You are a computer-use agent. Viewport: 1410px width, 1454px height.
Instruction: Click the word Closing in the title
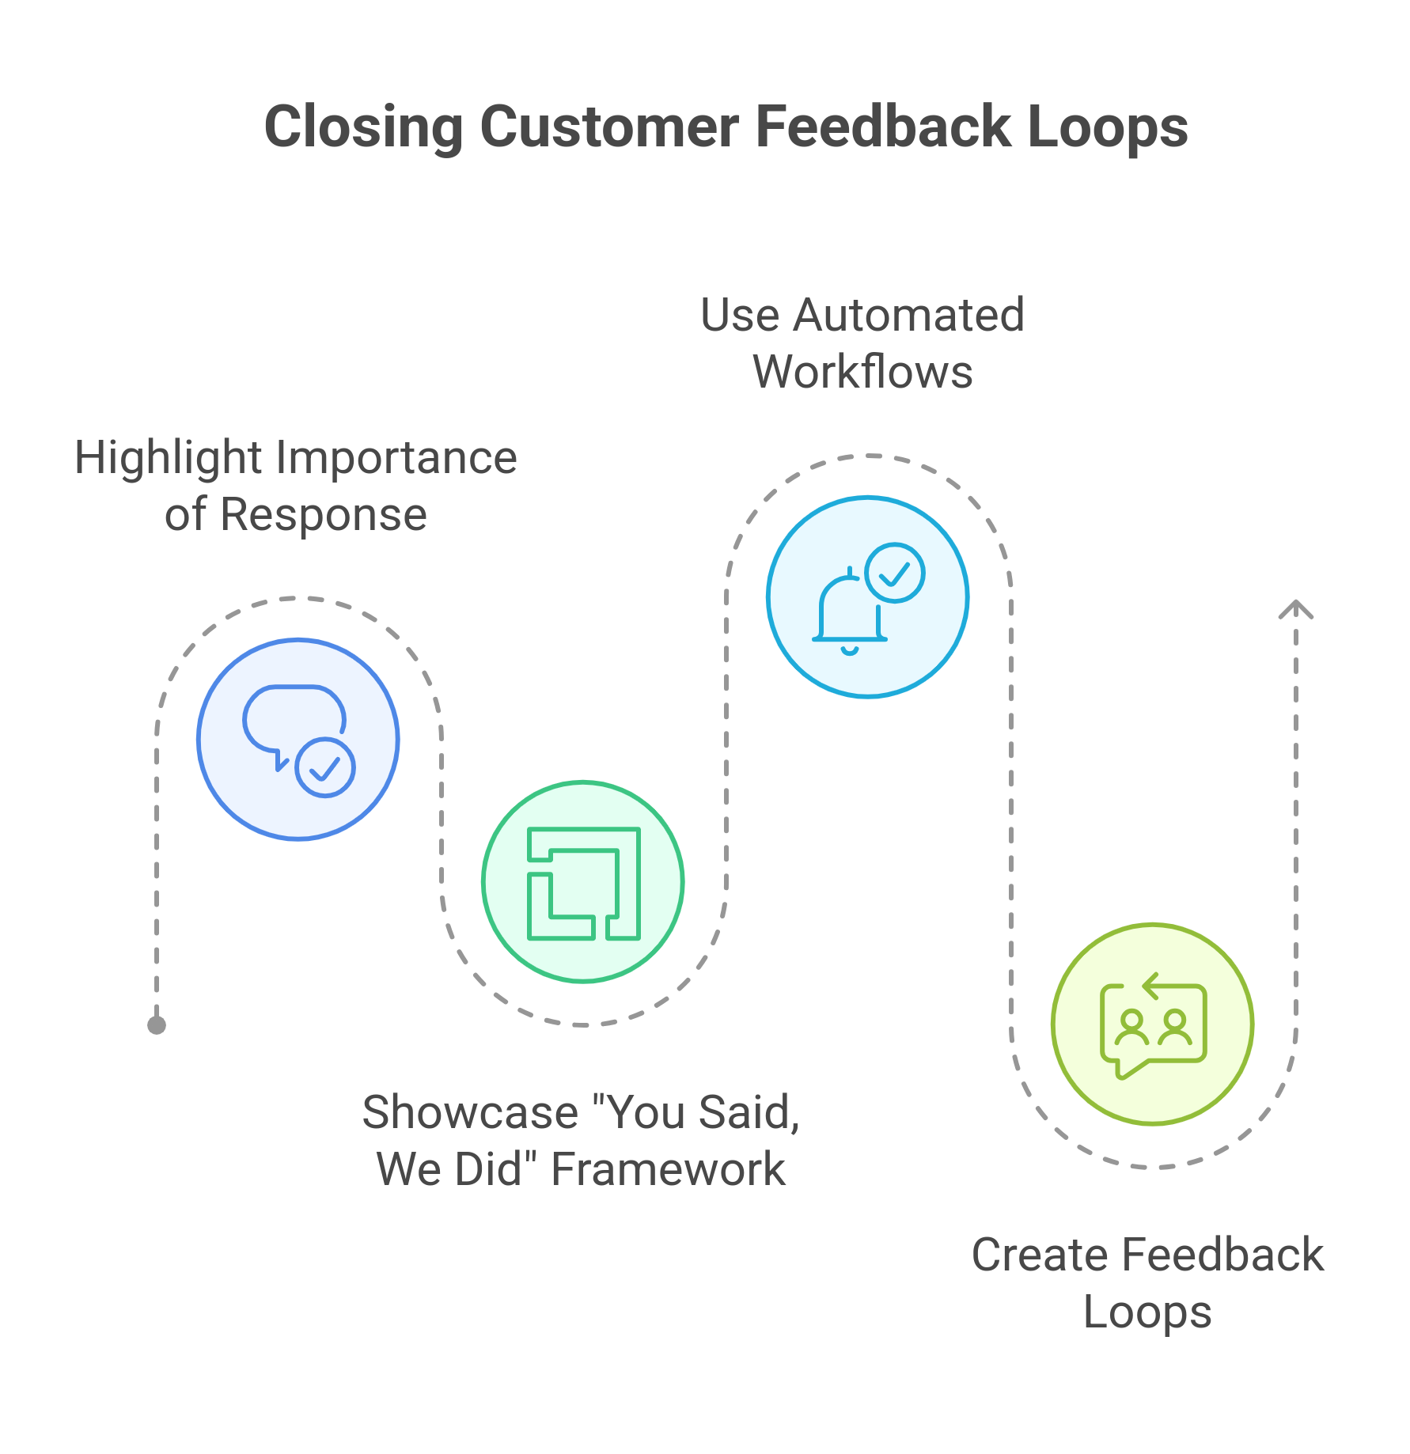[x=363, y=127]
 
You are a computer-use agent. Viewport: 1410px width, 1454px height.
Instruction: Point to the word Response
[x=324, y=515]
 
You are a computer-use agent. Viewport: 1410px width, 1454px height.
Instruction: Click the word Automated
[x=908, y=315]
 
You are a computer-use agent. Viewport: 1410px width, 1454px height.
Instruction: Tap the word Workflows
[x=862, y=372]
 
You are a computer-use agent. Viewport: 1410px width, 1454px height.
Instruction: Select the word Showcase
[x=470, y=1112]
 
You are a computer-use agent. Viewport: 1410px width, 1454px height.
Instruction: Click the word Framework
[x=668, y=1169]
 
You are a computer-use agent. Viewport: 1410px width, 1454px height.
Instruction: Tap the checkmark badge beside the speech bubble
[x=325, y=767]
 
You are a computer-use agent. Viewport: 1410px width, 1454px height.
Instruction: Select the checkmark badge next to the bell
[x=895, y=573]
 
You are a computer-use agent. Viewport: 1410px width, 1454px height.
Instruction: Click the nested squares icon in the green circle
[x=584, y=883]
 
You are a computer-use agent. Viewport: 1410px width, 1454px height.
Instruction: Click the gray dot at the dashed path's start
[x=157, y=1025]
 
